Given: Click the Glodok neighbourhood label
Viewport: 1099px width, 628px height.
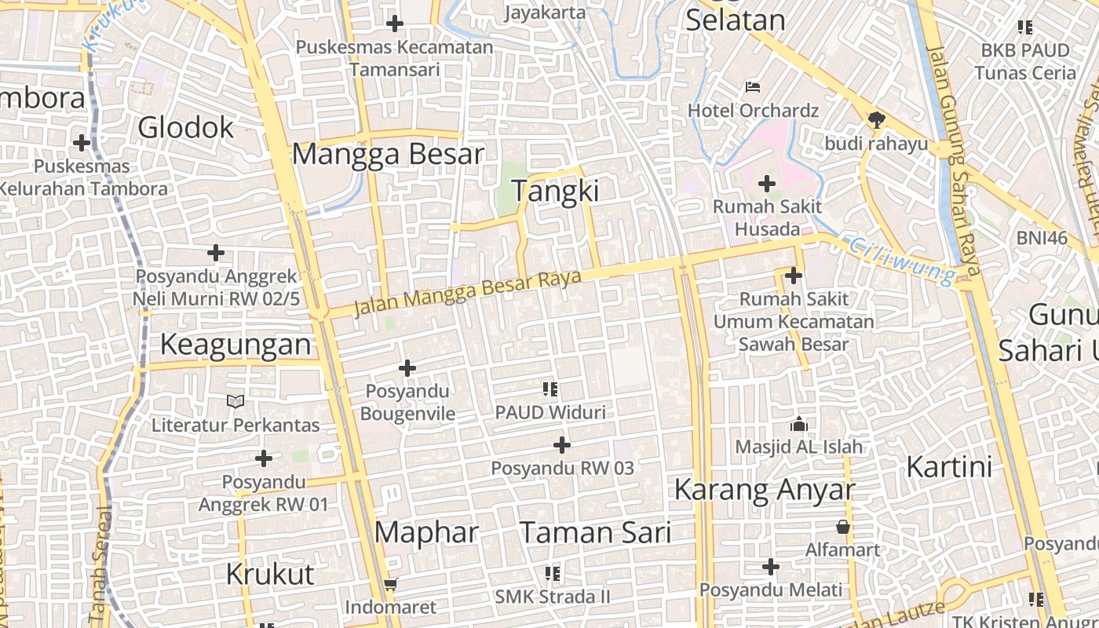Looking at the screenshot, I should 186,127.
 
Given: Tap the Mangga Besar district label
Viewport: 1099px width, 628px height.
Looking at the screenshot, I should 388,154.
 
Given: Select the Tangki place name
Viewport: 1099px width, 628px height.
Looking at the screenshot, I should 555,191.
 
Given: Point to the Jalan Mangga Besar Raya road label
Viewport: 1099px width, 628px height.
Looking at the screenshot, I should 467,292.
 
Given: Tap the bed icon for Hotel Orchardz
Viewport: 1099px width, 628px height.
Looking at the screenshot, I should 753,86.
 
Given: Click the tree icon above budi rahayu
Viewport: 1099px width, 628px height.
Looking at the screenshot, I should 876,120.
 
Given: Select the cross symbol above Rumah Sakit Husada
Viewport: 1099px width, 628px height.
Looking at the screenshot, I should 766,184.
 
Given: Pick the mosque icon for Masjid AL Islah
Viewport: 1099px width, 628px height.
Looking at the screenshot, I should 799,424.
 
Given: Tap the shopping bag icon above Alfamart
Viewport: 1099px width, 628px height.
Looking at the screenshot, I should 843,526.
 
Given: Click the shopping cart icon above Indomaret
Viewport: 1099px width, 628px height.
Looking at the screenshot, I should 390,584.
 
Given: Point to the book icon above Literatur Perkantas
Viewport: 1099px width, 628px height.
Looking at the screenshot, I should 235,402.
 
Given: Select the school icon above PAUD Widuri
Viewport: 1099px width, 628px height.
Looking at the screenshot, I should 550,389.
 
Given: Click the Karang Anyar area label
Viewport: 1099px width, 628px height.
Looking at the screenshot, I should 764,490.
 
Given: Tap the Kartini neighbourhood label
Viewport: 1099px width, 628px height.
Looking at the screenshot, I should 949,466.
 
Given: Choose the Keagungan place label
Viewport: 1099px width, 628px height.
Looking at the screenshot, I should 235,345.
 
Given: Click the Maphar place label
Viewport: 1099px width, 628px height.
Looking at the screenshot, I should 426,532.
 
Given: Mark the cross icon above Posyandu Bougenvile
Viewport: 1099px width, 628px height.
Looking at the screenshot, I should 407,367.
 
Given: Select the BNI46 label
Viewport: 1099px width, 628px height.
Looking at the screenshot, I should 1042,238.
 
